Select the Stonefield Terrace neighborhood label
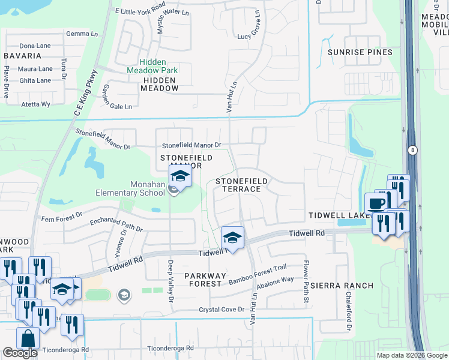click(x=238, y=184)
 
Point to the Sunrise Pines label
click(x=360, y=52)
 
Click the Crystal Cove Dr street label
click(x=222, y=310)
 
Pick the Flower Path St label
click(x=306, y=281)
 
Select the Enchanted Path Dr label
click(x=116, y=225)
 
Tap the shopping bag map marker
click(x=28, y=339)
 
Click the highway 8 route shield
click(x=412, y=149)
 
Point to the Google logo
click(x=20, y=353)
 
